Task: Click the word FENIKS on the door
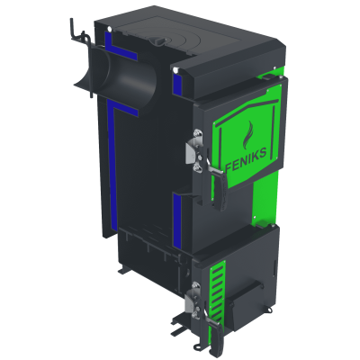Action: [246, 158]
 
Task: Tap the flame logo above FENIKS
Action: [248, 134]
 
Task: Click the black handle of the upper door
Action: [220, 190]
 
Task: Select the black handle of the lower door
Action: [215, 333]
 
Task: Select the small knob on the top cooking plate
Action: [157, 40]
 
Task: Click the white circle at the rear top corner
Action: [109, 29]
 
